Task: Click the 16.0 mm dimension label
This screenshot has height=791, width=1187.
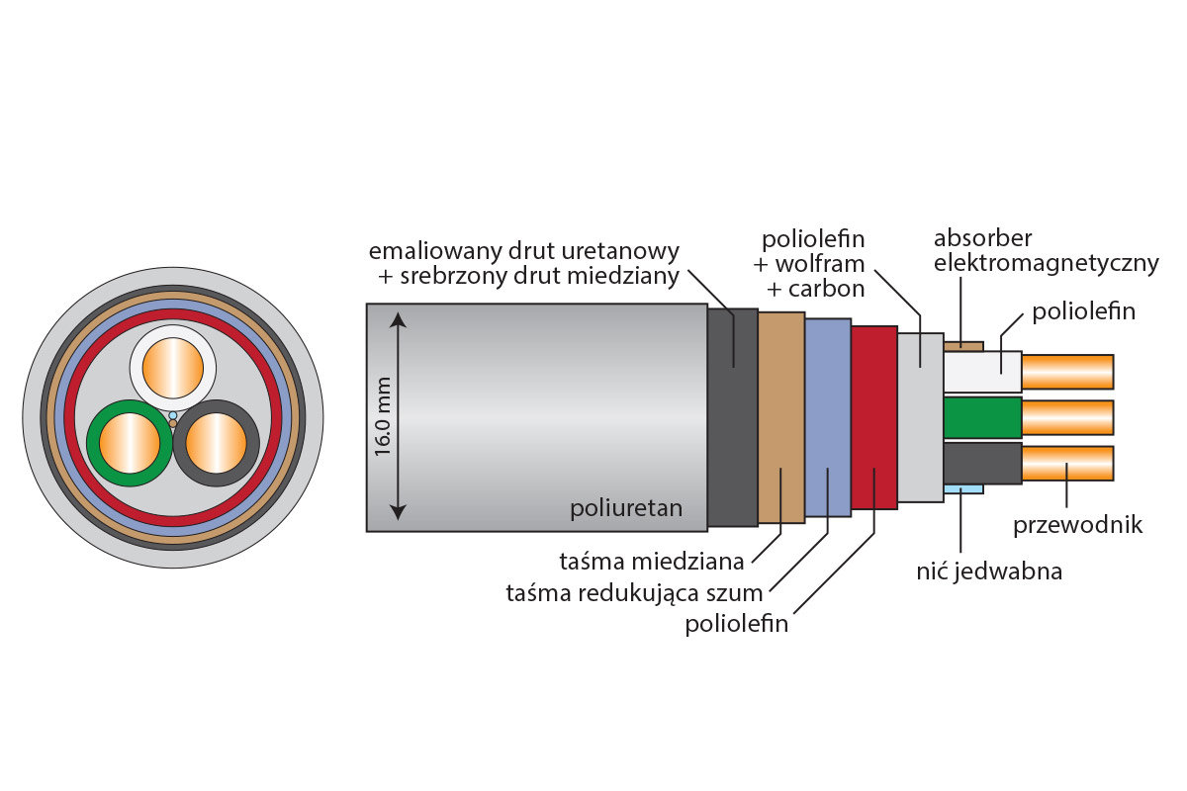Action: [383, 415]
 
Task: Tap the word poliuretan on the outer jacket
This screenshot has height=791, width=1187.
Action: [625, 509]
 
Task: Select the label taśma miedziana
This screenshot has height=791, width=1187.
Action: [652, 563]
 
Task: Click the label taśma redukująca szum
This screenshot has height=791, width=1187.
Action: [634, 593]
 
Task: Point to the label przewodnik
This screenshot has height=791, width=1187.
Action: [1077, 524]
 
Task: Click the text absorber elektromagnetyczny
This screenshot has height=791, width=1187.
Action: [1046, 251]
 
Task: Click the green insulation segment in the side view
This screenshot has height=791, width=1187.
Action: [982, 417]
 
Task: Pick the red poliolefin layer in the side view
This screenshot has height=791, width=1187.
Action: [873, 415]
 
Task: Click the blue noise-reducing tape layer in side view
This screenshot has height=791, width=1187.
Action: [828, 415]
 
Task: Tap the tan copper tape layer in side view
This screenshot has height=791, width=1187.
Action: [781, 415]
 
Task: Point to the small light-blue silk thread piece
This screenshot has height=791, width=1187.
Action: [963, 488]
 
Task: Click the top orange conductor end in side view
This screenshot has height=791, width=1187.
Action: [1067, 372]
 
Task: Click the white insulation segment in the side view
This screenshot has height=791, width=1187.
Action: [982, 372]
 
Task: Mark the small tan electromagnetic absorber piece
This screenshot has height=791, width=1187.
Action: [963, 346]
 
